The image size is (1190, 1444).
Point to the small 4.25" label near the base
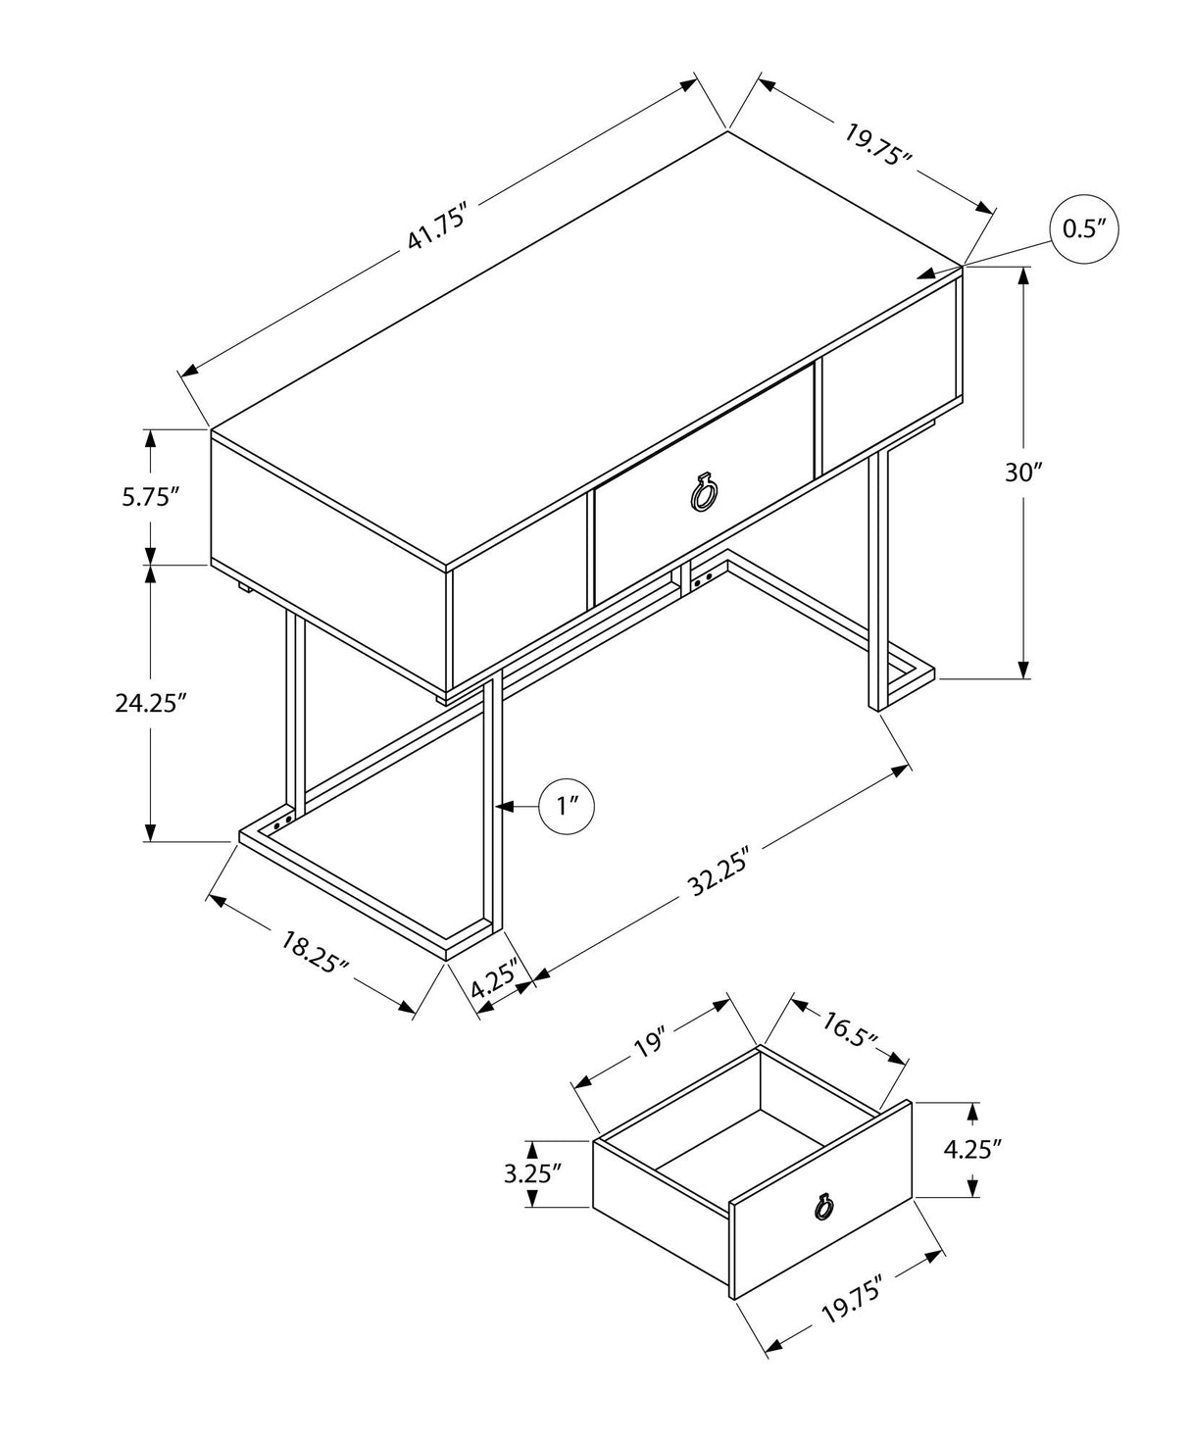pyautogui.click(x=494, y=980)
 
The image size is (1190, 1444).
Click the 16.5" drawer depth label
pyautogui.click(x=849, y=1026)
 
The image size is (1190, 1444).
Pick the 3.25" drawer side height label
pyautogui.click(x=532, y=1173)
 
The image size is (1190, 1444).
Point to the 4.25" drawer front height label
pyautogui.click(x=971, y=1149)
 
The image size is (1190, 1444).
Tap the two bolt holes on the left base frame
pyautogui.click(x=284, y=817)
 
